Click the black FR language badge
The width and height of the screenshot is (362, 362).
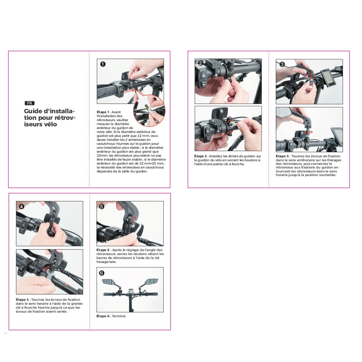[30, 103]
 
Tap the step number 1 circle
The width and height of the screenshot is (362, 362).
[103, 64]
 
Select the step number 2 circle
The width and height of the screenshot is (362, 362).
[200, 63]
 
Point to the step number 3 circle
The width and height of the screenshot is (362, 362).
[282, 65]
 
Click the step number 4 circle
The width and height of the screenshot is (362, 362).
[21, 206]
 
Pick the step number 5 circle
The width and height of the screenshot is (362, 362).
[102, 206]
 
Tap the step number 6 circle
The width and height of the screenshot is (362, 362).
[102, 273]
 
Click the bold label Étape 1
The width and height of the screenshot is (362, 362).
[103, 112]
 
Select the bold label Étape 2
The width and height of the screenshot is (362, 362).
[200, 156]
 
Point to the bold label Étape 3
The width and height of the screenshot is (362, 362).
[282, 156]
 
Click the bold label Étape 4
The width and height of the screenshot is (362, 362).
[22, 300]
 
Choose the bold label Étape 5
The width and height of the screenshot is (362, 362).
[103, 250]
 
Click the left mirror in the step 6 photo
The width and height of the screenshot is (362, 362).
[109, 282]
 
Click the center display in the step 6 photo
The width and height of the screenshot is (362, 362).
[131, 291]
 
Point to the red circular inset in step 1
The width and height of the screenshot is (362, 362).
[149, 111]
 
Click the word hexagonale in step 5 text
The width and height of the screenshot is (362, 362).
[106, 262]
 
